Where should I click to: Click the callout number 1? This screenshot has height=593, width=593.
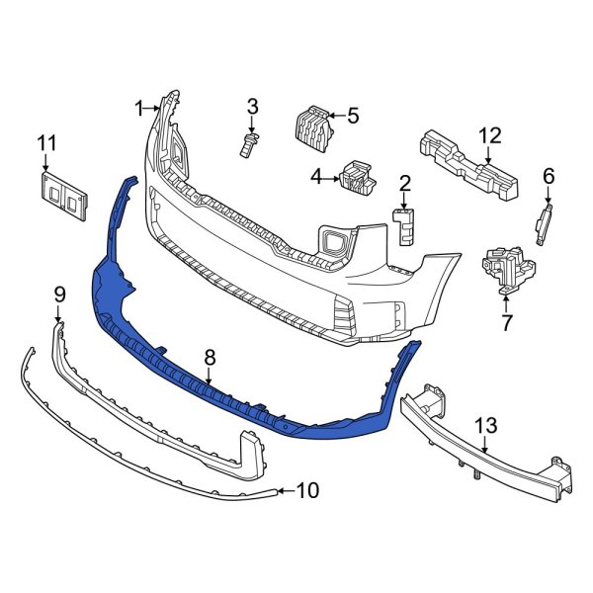[140, 106]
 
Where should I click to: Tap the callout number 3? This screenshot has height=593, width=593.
[252, 106]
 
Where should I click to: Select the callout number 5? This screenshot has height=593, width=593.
[353, 115]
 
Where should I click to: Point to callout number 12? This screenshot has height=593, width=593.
[491, 134]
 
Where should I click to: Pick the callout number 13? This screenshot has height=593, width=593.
[486, 426]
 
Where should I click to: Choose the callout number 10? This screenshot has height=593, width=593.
[308, 490]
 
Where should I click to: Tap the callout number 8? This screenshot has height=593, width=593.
[209, 354]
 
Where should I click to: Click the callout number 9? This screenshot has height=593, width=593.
[58, 294]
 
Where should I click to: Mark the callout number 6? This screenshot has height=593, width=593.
[550, 178]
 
